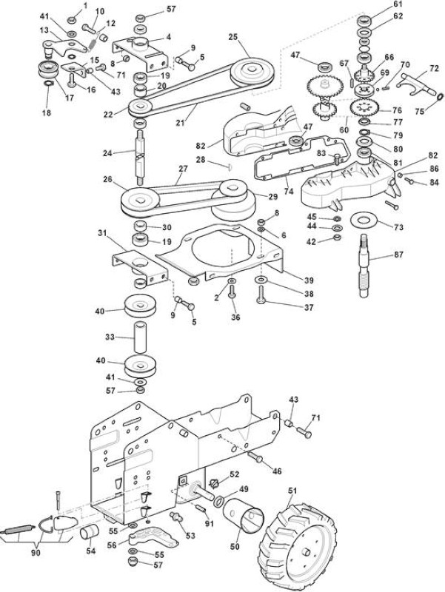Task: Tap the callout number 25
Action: (233, 36)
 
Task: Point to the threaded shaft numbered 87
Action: (365, 266)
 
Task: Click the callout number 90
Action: (36, 553)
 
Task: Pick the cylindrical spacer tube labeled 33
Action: (141, 337)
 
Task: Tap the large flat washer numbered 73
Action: (366, 219)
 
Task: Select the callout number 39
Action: (309, 280)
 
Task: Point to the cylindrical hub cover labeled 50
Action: (243, 515)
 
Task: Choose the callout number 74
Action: (289, 192)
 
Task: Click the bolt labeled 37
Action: (261, 295)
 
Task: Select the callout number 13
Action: (44, 30)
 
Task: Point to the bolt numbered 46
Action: (255, 457)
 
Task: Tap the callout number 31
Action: (102, 233)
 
